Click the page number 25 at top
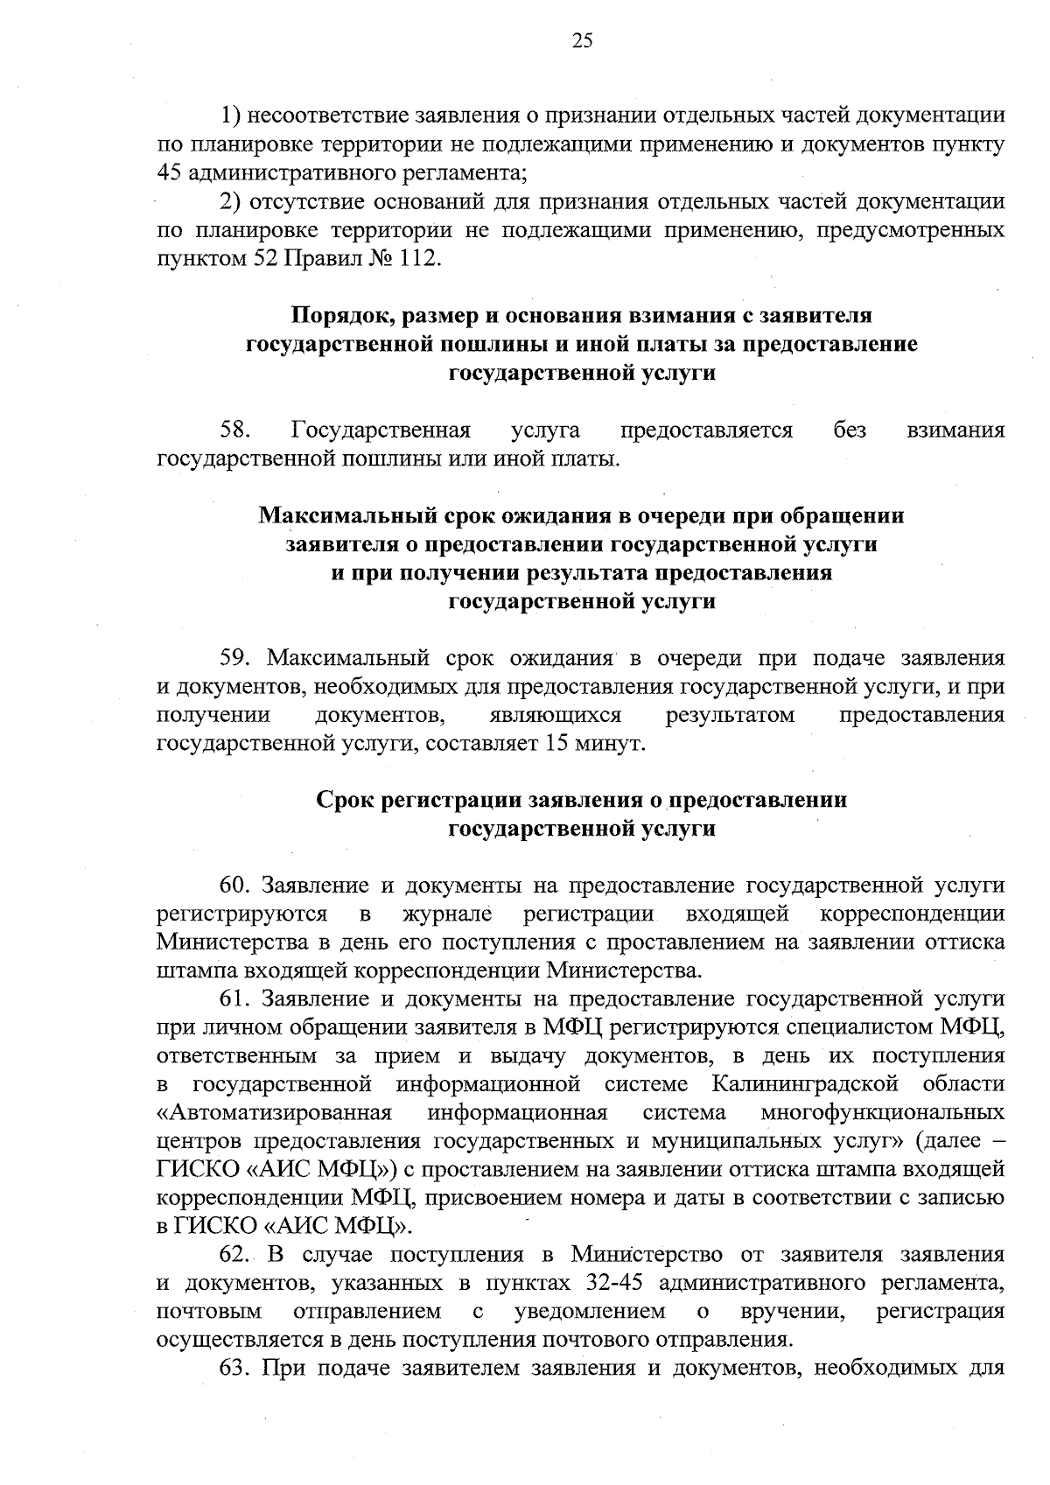pos(582,40)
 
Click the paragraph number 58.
pos(236,430)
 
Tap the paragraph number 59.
pos(236,657)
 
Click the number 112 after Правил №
pos(416,259)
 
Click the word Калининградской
pos(805,1084)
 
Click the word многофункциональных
pos(883,1113)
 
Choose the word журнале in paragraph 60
pos(446,914)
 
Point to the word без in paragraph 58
pos(850,430)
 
